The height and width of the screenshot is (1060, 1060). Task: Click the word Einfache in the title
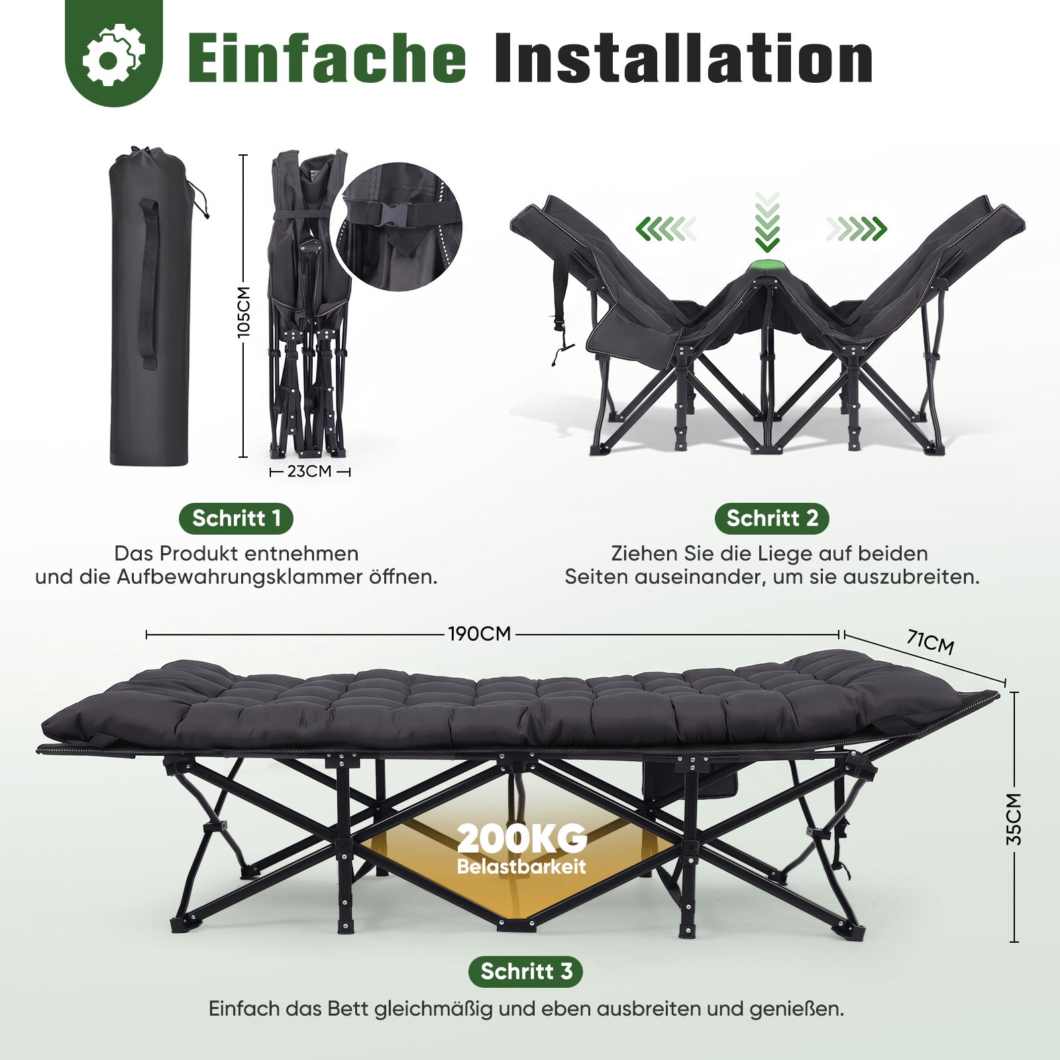pyautogui.click(x=327, y=58)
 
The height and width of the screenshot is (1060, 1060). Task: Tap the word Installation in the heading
pyautogui.click(x=684, y=58)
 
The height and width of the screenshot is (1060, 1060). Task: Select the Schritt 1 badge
pyautogui.click(x=237, y=518)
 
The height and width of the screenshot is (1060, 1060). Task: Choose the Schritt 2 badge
pyautogui.click(x=772, y=518)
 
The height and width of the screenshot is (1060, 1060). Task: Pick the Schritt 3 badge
pyautogui.click(x=526, y=971)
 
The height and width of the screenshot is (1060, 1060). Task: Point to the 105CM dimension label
pyautogui.click(x=244, y=312)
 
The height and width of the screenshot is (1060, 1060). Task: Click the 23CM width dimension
pyautogui.click(x=309, y=472)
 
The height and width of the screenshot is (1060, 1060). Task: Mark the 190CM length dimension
pyautogui.click(x=480, y=634)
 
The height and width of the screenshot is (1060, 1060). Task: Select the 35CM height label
pyautogui.click(x=1014, y=819)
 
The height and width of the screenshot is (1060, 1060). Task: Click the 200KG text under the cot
pyautogui.click(x=522, y=839)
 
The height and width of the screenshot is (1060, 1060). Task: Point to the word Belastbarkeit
pyautogui.click(x=522, y=867)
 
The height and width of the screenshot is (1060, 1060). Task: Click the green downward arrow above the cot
pyautogui.click(x=767, y=223)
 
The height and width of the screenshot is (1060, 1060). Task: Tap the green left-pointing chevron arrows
pyautogui.click(x=666, y=229)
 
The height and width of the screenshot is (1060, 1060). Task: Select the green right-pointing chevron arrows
pyautogui.click(x=857, y=229)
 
